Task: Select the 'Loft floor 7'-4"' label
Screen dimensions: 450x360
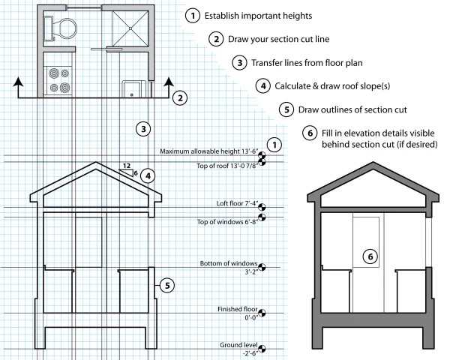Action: click(x=235, y=203)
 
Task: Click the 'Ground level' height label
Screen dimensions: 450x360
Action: click(x=239, y=344)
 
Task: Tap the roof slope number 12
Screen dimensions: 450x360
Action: click(x=127, y=165)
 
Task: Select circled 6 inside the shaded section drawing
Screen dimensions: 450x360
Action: click(x=369, y=256)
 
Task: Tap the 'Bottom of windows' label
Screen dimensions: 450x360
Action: click(x=229, y=264)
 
